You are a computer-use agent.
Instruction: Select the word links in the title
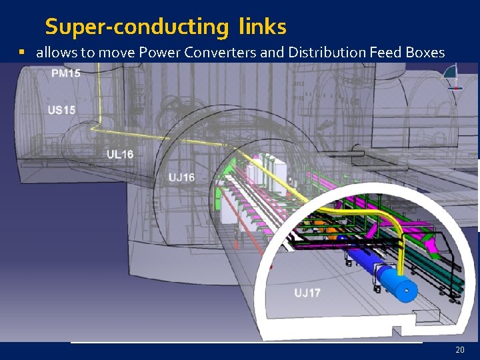(x=260, y=27)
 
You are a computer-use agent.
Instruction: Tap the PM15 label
(x=65, y=73)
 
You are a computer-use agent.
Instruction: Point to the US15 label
(x=61, y=109)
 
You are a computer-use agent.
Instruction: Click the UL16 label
(x=120, y=154)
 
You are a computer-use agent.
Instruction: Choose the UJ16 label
(x=181, y=177)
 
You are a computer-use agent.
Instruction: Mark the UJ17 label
(x=307, y=293)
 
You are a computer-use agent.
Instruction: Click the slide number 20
(x=459, y=349)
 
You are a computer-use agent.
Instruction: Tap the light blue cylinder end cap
(x=404, y=288)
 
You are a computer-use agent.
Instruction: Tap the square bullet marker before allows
(x=22, y=51)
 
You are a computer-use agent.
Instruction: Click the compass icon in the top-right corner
(x=455, y=77)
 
